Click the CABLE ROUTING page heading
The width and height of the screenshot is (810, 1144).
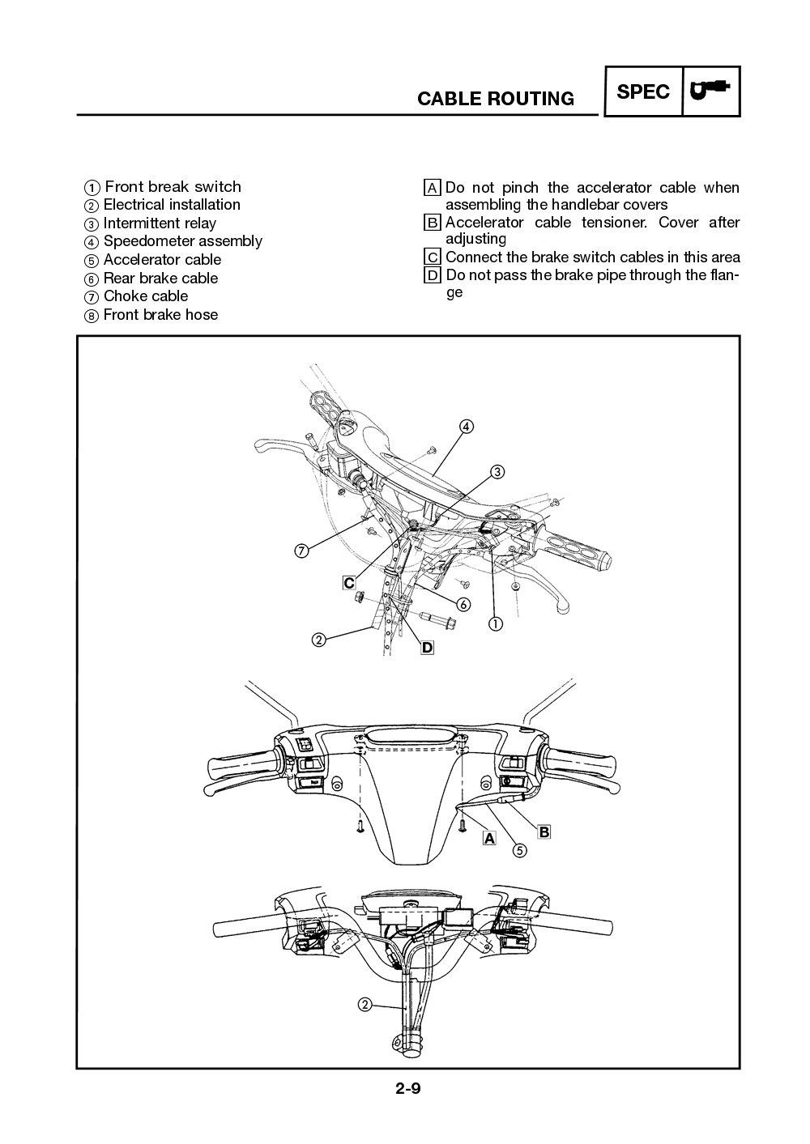click(495, 99)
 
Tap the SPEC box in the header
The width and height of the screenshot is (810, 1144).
click(643, 92)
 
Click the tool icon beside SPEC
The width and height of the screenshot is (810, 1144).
click(710, 91)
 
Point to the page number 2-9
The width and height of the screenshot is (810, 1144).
click(407, 1088)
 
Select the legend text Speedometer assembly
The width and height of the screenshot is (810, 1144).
click(182, 241)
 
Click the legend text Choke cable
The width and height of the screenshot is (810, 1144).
click(145, 296)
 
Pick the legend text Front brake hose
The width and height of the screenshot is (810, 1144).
click(160, 315)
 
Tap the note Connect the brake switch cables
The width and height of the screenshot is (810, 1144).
click(592, 257)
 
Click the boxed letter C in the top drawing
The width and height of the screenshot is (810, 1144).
click(348, 582)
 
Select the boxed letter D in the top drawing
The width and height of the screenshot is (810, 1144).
click(427, 647)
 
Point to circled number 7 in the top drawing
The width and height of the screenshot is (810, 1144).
click(301, 551)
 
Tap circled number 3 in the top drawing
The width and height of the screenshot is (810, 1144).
click(497, 471)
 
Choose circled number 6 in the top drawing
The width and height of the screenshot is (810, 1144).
click(463, 604)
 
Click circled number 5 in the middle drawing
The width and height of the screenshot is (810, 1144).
click(519, 850)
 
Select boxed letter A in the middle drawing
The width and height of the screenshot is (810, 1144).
click(488, 839)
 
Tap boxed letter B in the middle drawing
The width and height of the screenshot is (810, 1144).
click(544, 831)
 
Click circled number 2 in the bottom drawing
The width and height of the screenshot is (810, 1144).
click(364, 1005)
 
